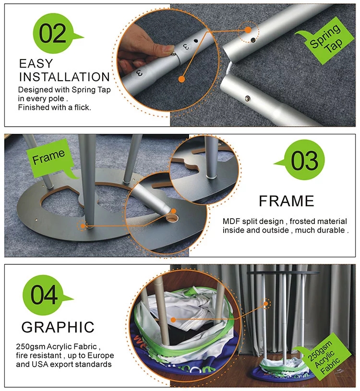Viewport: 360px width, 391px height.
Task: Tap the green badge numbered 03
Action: click(304, 160)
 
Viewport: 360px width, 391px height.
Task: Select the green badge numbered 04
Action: click(44, 295)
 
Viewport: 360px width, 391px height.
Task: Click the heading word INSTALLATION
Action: click(64, 77)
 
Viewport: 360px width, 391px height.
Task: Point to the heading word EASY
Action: click(36, 63)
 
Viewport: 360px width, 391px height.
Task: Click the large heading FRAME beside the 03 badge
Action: click(287, 201)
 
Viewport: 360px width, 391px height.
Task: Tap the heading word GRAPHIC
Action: click(58, 327)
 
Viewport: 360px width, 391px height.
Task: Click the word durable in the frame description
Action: click(331, 230)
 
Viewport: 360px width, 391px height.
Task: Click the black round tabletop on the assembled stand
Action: click(283, 273)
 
